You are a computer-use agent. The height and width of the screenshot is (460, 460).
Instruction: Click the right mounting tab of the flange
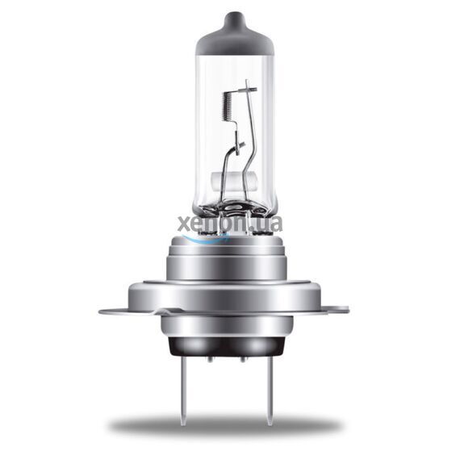(x=339, y=310)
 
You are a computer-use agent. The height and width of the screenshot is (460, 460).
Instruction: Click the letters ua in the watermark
(x=270, y=224)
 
